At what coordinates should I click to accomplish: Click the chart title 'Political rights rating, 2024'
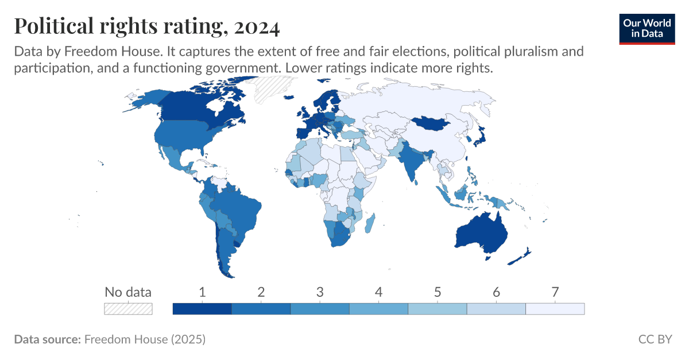(146, 26)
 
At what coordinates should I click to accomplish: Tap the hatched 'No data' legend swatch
(128, 309)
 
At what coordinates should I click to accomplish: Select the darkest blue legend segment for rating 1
(202, 309)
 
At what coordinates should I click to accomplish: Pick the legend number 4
(378, 292)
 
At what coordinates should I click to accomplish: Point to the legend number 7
(555, 292)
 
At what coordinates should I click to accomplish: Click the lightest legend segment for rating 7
(555, 309)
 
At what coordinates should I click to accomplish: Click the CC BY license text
(655, 339)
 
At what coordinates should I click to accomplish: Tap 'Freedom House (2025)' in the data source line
(145, 339)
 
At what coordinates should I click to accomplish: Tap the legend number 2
(261, 292)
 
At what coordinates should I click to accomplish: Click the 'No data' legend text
(128, 292)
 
